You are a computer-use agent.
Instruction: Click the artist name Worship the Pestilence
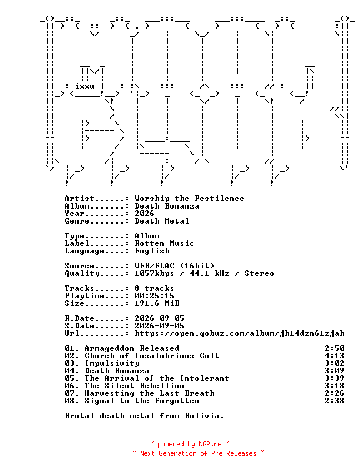tap(189, 199)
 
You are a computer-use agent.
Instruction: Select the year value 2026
tap(144, 214)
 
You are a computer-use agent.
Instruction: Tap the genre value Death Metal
tap(162, 221)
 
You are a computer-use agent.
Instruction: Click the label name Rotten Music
tap(164, 243)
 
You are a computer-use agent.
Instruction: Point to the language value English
tap(152, 251)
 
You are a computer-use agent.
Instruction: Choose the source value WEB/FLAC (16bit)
tap(174, 266)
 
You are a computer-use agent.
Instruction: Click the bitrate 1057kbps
tap(154, 273)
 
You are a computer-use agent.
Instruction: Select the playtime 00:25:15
tap(154, 296)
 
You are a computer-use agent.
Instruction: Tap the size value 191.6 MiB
tap(157, 303)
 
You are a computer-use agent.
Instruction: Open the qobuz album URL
tap(239, 333)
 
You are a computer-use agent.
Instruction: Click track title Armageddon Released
tap(132, 348)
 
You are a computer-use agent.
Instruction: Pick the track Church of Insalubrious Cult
tap(152, 356)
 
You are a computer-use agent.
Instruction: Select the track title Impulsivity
tap(112, 363)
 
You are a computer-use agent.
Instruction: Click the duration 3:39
tap(334, 378)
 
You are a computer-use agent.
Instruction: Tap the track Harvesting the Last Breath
tap(150, 393)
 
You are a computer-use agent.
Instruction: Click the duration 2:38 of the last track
tap(334, 401)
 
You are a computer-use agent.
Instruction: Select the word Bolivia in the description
tap(204, 416)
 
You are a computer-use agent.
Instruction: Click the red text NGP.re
tap(210, 445)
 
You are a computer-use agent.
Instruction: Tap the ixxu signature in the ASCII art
tap(84, 86)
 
